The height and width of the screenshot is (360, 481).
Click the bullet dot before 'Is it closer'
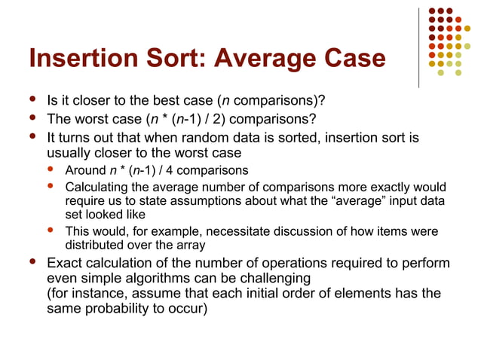point(30,99)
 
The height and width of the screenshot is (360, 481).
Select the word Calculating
point(97,186)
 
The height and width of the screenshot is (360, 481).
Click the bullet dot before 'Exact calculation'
point(30,262)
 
